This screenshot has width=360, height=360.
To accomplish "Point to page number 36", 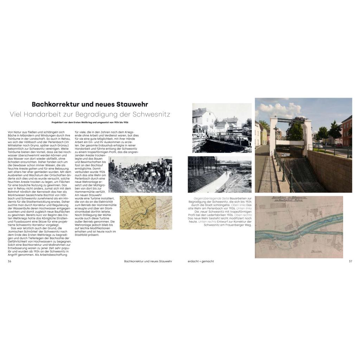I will pos(9,261).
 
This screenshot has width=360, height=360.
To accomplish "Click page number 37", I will pos(350,261).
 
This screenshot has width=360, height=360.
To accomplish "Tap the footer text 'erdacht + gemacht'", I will pos(201,261).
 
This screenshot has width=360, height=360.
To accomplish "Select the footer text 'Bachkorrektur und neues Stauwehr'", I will pos(148,261).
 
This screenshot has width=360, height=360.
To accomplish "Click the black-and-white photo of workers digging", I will pos(140,174).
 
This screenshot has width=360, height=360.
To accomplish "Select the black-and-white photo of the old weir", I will pos(222,128).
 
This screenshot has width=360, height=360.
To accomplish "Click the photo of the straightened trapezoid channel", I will pos(219,174).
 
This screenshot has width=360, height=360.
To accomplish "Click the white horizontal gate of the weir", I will pos(290,142).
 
